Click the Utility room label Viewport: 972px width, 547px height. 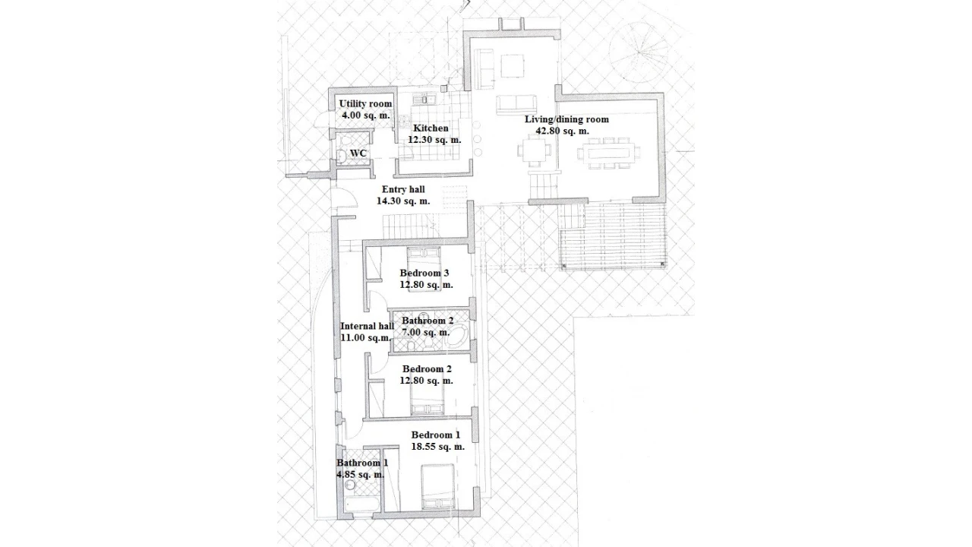(x=365, y=104)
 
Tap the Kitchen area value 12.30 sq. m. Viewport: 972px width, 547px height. (x=434, y=140)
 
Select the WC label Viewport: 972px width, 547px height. (x=358, y=153)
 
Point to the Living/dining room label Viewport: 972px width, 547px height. (x=566, y=119)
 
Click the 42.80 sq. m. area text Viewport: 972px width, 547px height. (x=563, y=131)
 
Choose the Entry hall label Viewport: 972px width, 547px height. (x=403, y=189)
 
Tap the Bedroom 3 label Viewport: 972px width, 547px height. (x=424, y=273)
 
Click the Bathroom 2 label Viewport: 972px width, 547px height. (x=428, y=321)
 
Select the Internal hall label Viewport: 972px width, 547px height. (x=367, y=326)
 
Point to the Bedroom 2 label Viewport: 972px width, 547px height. (x=427, y=369)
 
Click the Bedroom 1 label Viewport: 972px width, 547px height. (x=436, y=435)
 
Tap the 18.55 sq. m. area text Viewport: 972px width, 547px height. (x=438, y=446)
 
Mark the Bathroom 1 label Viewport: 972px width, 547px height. (x=362, y=463)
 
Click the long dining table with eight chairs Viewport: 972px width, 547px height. (x=608, y=153)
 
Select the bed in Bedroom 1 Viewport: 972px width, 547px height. (x=438, y=487)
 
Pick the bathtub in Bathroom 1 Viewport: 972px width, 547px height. (x=362, y=504)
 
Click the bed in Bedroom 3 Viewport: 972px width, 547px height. (x=424, y=269)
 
